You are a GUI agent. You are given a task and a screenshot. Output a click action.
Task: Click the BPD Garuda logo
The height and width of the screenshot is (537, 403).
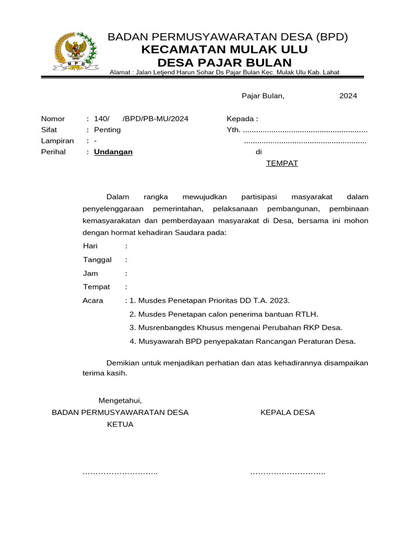[76, 51]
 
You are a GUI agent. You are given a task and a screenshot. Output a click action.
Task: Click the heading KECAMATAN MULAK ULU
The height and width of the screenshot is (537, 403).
[224, 50]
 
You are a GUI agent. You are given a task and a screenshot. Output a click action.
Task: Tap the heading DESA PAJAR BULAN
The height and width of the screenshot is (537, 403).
[224, 62]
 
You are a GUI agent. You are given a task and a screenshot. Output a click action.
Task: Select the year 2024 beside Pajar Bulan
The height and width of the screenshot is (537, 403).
[348, 96]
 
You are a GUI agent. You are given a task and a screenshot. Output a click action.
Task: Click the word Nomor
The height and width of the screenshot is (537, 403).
[53, 119]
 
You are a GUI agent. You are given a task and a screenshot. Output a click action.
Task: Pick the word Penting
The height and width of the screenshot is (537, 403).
[107, 130]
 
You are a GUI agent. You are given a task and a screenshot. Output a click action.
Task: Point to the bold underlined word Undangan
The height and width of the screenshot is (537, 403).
[113, 152]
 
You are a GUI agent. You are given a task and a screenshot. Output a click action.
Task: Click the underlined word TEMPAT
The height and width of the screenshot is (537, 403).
[282, 163]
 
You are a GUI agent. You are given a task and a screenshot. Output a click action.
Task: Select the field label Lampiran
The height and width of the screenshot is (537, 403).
[57, 141]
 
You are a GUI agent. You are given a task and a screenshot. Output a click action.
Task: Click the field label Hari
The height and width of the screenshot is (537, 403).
[91, 246]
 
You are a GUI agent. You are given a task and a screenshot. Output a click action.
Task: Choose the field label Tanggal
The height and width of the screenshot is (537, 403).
[97, 260]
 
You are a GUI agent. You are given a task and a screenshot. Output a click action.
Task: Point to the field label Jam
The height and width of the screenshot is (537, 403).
[90, 274]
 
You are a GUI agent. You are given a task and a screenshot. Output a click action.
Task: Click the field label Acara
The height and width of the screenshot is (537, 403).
[93, 301]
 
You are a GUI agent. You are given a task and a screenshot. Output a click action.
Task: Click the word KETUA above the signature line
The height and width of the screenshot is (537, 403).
[120, 424]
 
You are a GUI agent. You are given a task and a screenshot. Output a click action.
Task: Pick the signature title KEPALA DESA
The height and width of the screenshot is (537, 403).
[288, 413]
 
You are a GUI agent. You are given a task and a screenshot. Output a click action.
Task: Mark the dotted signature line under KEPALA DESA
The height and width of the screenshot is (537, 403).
[288, 473]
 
